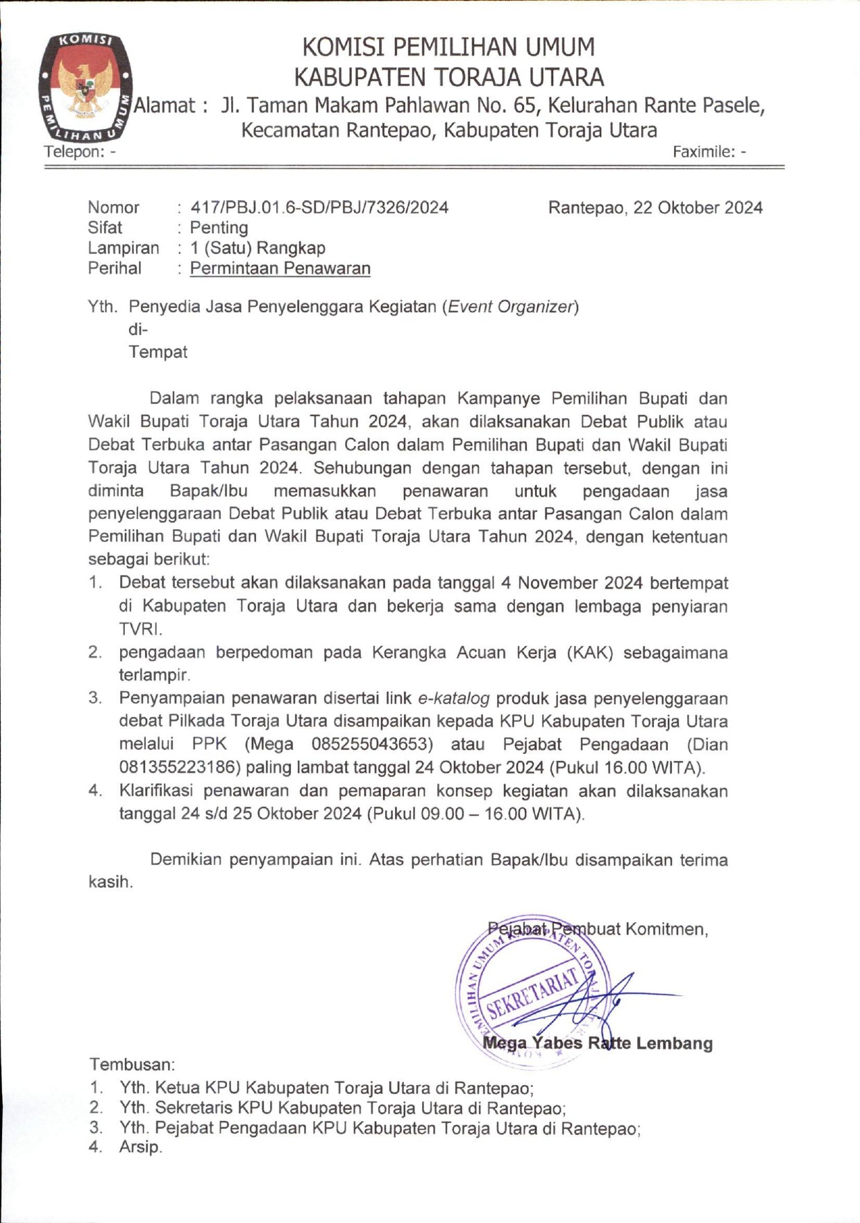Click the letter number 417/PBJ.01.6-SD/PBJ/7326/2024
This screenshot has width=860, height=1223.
(x=319, y=207)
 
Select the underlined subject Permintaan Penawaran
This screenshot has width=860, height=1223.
(x=280, y=268)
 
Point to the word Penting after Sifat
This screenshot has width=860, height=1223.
(x=219, y=228)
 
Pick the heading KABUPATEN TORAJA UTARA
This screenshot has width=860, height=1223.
(x=448, y=76)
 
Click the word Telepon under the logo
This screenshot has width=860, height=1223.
(x=71, y=151)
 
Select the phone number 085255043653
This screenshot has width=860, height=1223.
(x=372, y=744)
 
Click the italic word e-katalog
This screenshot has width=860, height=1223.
(x=454, y=698)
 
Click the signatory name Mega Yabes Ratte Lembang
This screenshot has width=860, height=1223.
(x=598, y=1043)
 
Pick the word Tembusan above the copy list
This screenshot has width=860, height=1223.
(x=132, y=1064)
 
